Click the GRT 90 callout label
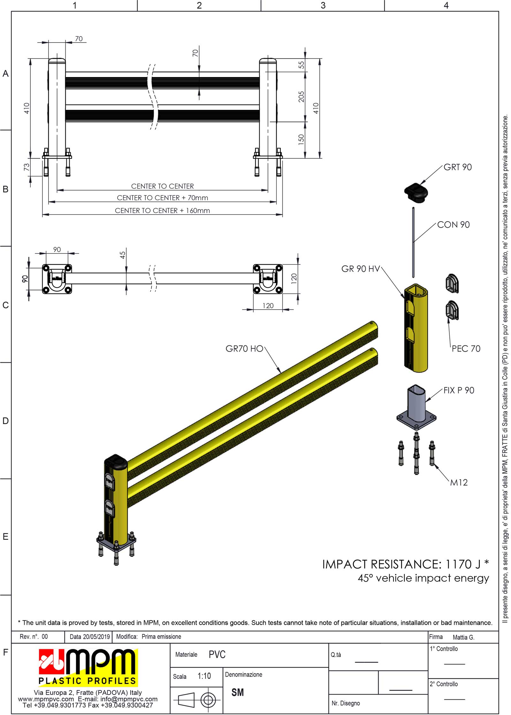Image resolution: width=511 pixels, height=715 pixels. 457,167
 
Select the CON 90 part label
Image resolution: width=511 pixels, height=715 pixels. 453,225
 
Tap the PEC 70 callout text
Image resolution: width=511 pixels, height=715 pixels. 466,349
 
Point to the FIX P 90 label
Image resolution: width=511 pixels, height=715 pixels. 459,390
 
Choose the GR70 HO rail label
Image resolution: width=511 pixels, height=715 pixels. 244,349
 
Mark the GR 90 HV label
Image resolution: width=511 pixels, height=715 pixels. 361,269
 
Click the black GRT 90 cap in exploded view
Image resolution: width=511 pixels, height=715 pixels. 416,193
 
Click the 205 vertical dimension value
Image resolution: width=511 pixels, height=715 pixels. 301,97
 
